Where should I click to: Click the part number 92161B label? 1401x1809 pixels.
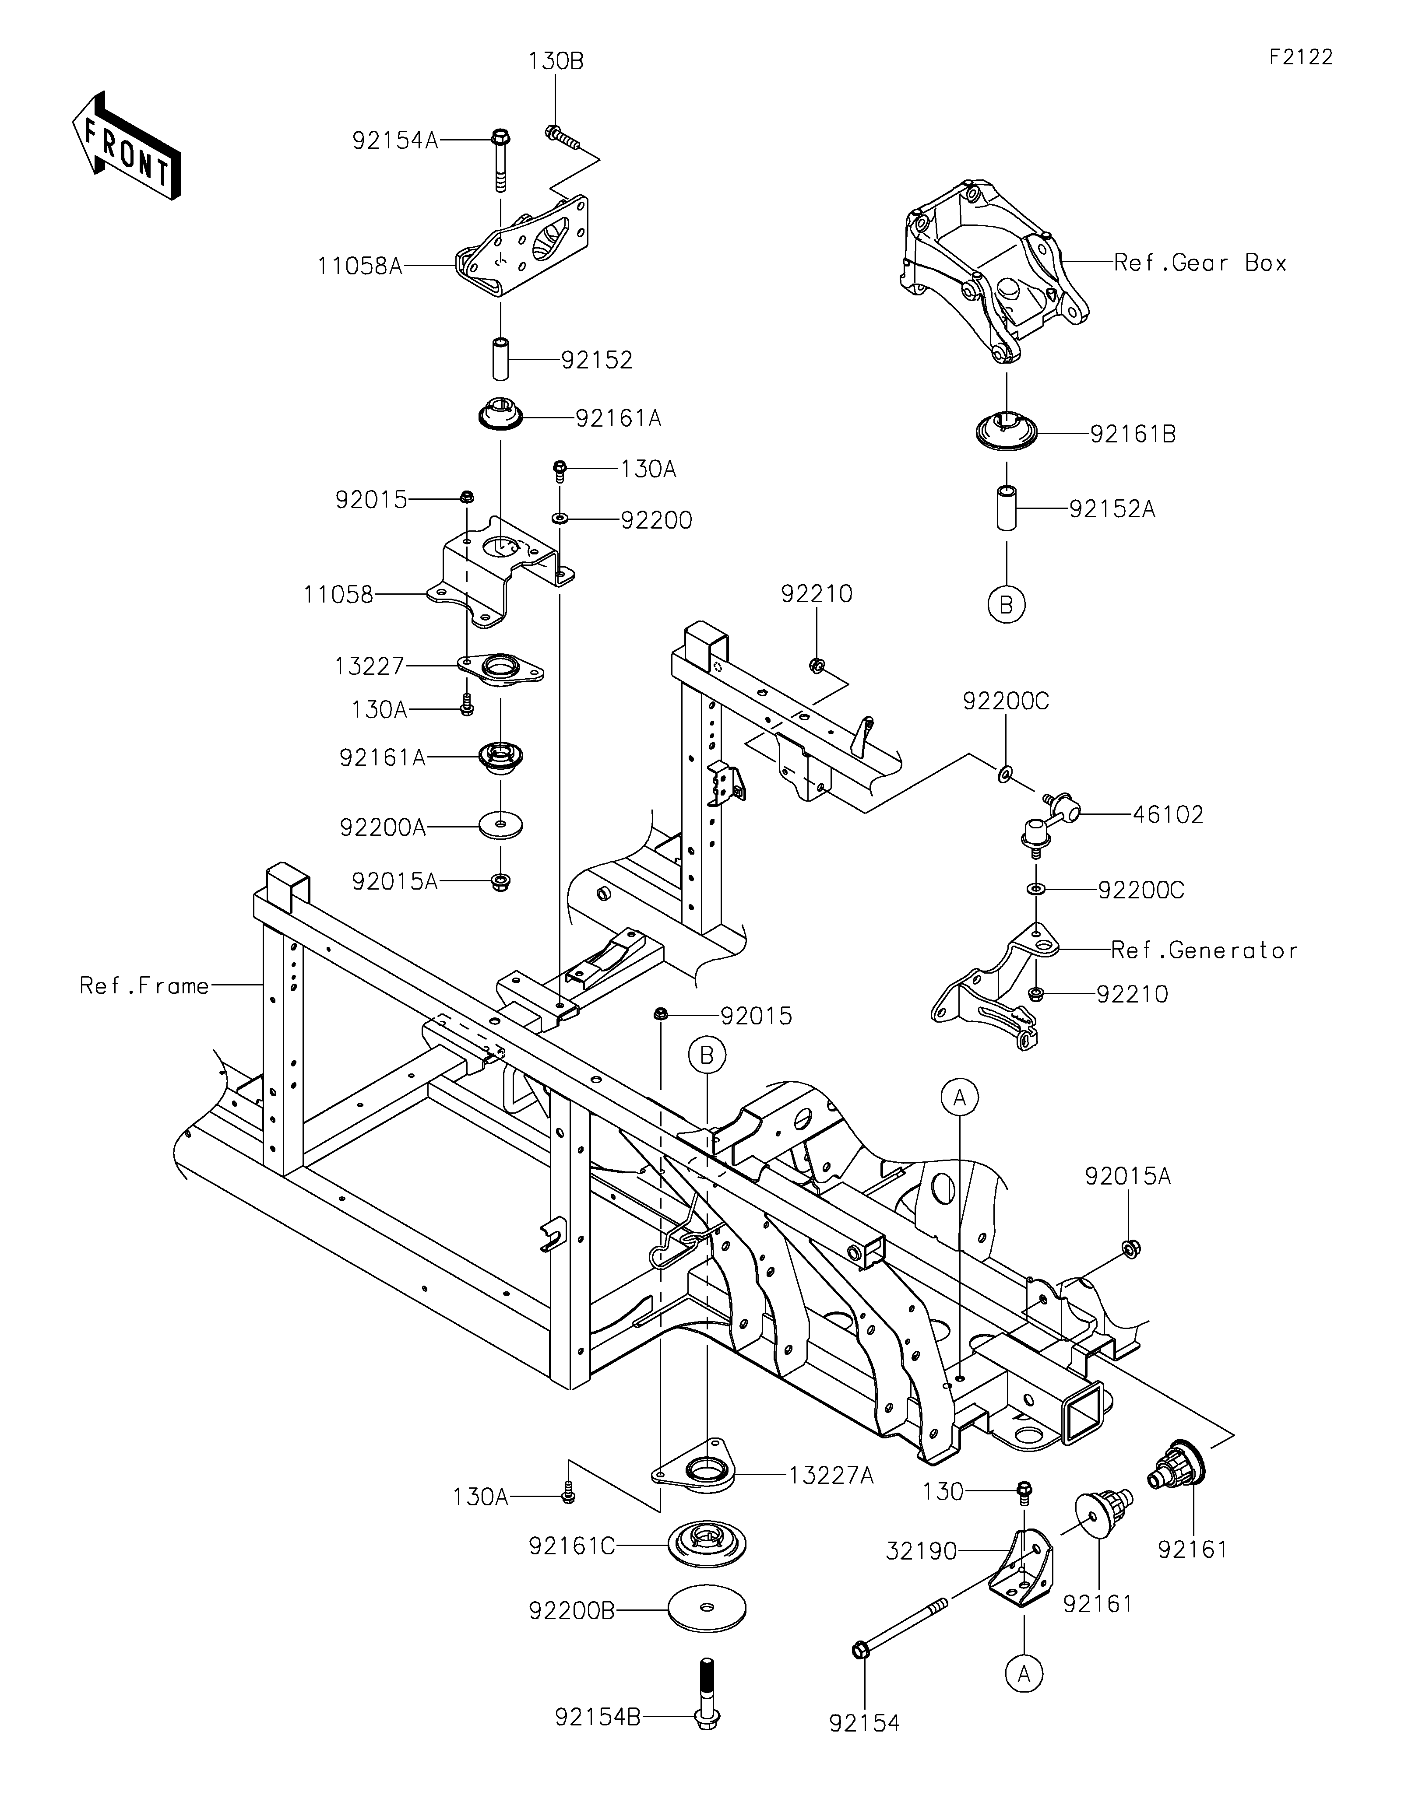[x=1133, y=434]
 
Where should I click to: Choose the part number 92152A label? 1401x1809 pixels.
[x=1112, y=508]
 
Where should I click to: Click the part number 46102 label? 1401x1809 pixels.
[x=1168, y=815]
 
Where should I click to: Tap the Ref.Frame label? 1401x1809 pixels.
[x=144, y=985]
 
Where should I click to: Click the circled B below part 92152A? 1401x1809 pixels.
[x=1007, y=605]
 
